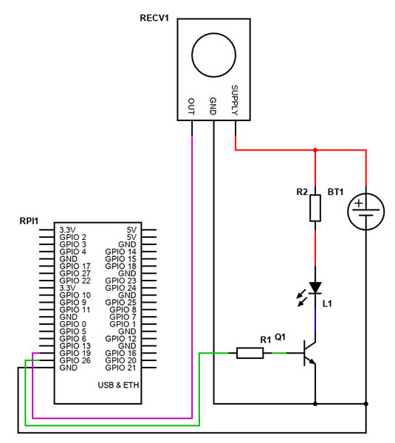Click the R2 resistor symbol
pyautogui.click(x=315, y=209)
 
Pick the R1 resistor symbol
pyautogui.click(x=250, y=353)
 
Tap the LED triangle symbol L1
pyautogui.click(x=315, y=287)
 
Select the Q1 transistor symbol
pyautogui.click(x=310, y=354)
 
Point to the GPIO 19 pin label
pyautogui.click(x=74, y=353)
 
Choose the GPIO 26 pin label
pyautogui.click(x=74, y=360)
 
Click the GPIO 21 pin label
pyautogui.click(x=120, y=367)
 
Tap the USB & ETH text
pyautogui.click(x=117, y=385)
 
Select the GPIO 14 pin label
pyautogui.click(x=120, y=252)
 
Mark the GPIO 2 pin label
pyautogui.click(x=72, y=237)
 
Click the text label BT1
pyautogui.click(x=336, y=192)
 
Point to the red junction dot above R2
pyautogui.click(x=315, y=150)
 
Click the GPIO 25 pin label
pyautogui.click(x=120, y=302)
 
